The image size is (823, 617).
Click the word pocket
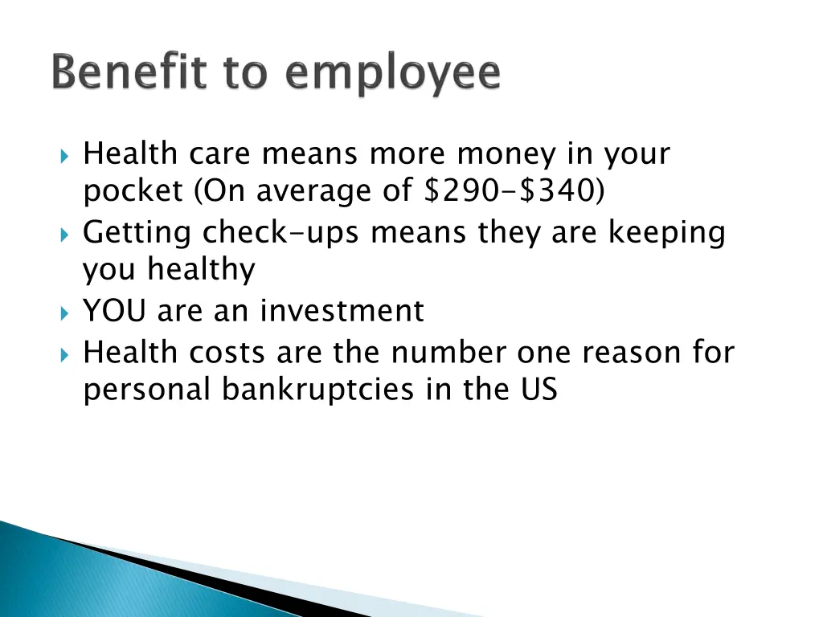point(133,192)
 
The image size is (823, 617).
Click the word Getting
point(137,233)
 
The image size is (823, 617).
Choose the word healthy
point(201,271)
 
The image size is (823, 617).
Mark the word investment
point(342,311)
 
